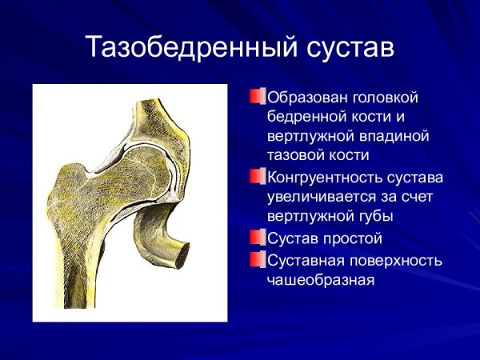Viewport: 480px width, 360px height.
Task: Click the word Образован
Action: click(x=307, y=97)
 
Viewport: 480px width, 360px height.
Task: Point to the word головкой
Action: click(x=386, y=97)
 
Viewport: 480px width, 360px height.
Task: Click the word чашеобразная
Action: click(x=321, y=279)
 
